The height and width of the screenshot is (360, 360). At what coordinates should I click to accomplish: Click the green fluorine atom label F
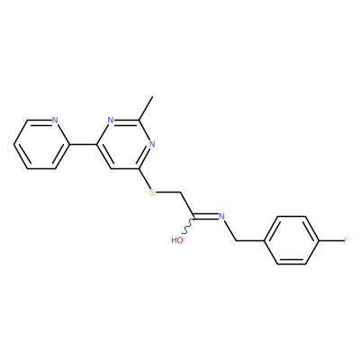point(346,240)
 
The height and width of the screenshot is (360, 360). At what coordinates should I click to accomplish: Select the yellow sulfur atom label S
point(152,192)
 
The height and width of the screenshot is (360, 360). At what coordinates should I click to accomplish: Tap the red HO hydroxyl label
point(177,240)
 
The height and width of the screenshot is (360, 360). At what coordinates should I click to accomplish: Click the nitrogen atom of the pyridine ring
point(55,121)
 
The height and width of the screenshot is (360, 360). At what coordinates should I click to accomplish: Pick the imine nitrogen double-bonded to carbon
point(221,216)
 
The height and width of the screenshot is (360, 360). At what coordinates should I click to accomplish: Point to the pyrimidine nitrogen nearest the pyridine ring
point(111,121)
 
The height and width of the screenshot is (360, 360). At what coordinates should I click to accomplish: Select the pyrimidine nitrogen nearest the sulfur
point(152,144)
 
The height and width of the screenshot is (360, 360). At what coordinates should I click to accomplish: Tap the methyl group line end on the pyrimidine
point(153,96)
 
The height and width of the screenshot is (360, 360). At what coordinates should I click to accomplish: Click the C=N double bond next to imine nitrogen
point(206,216)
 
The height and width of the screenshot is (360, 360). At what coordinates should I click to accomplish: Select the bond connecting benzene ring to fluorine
point(331,240)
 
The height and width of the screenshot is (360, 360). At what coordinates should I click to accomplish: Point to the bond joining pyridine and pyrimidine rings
point(83,144)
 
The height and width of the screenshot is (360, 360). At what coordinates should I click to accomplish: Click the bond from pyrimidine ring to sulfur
point(145,178)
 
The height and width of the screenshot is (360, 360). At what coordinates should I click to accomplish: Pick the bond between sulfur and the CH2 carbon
point(168,192)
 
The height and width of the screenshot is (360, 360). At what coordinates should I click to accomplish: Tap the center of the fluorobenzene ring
point(292,240)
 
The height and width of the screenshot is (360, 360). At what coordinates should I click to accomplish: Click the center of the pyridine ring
point(41,144)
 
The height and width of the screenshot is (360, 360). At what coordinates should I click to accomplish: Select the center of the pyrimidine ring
point(124,144)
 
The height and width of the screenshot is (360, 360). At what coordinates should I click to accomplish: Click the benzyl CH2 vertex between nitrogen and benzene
point(236,240)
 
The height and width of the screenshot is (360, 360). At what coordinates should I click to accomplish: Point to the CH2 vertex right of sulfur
point(180,192)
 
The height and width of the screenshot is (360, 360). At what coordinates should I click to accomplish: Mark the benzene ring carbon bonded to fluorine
point(319,240)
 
